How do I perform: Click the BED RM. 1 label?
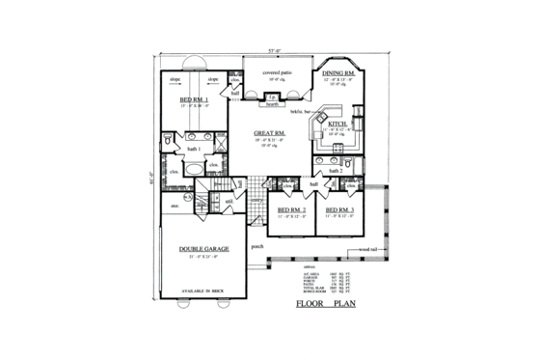(x=194, y=99)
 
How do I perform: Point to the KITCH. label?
(x=337, y=125)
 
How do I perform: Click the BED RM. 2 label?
(x=291, y=209)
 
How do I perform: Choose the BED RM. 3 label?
(x=339, y=209)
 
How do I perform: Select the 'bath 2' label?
(x=335, y=171)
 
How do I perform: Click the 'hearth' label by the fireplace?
(x=273, y=104)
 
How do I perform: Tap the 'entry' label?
(x=257, y=199)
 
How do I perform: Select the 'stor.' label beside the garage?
(x=175, y=206)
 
